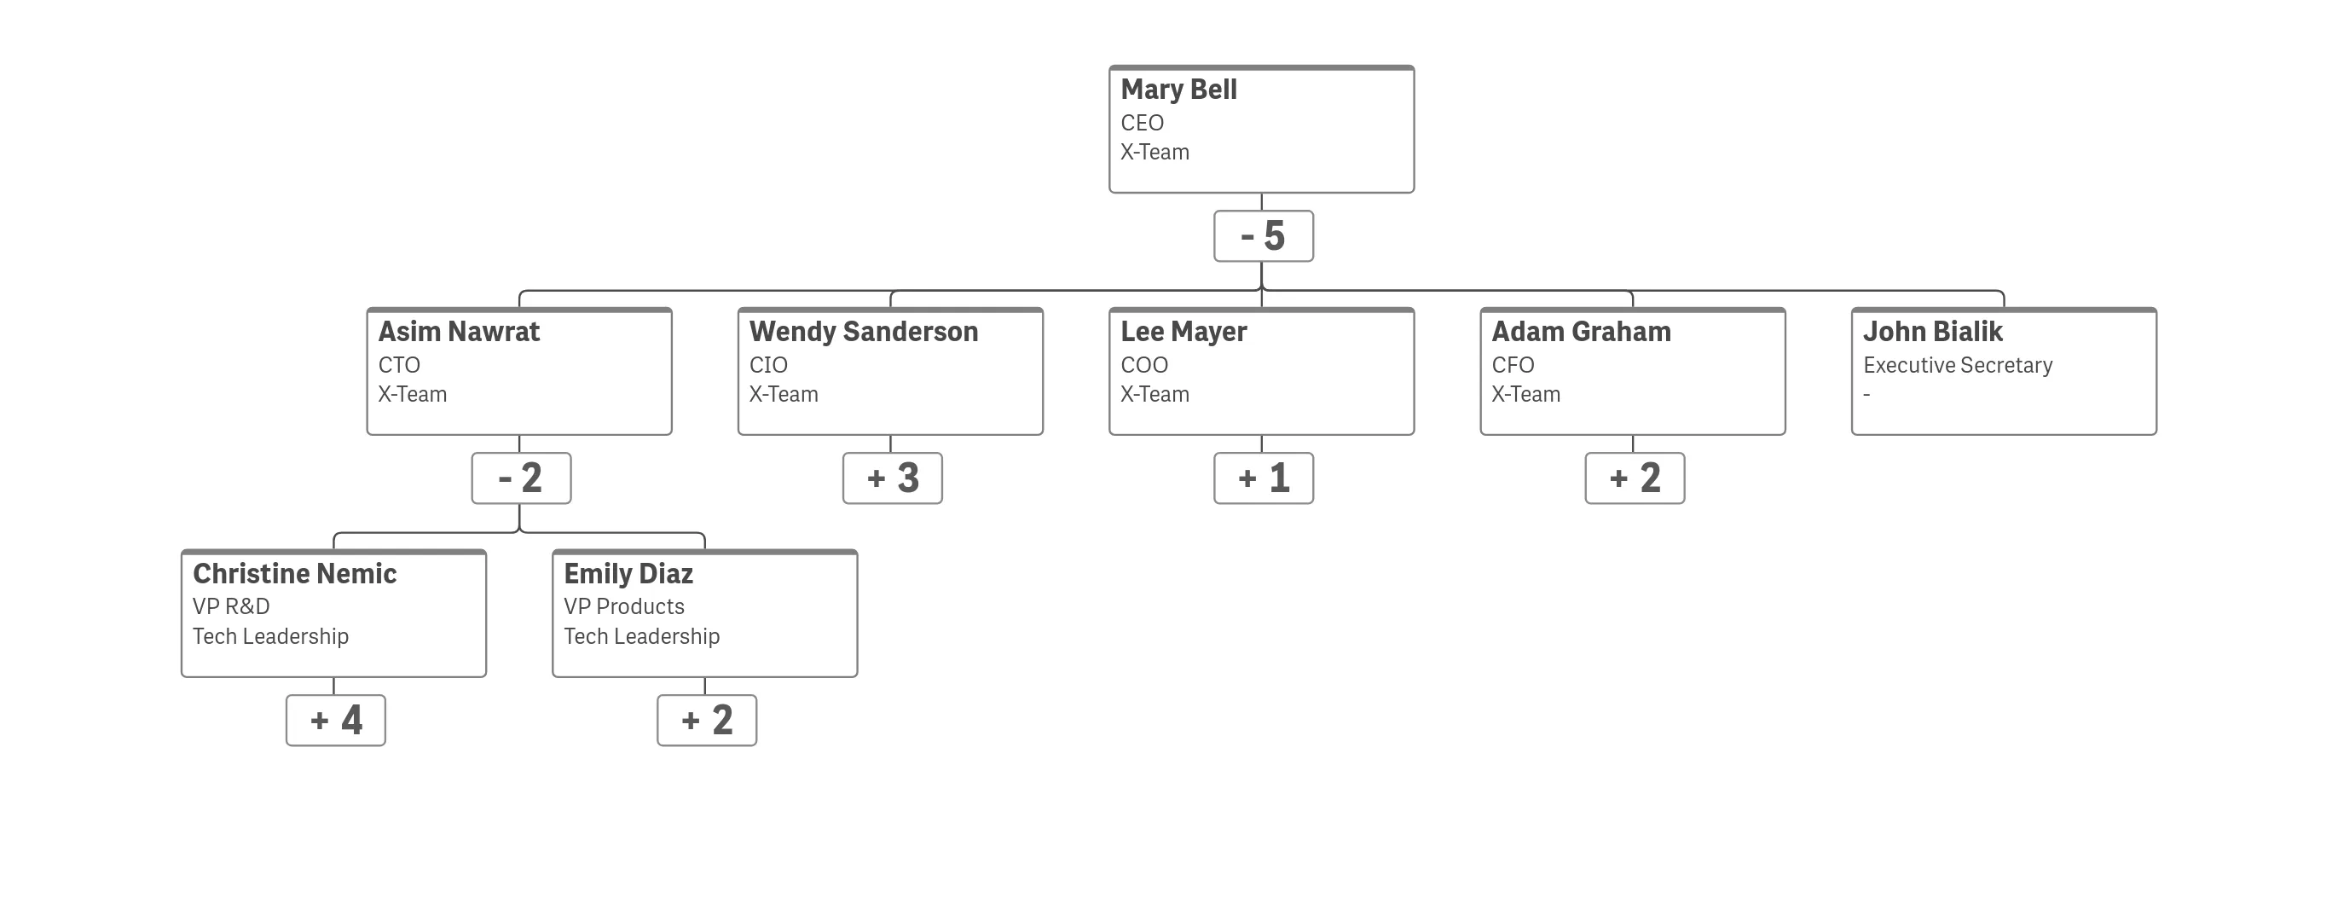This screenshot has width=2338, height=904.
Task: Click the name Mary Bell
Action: coord(1178,90)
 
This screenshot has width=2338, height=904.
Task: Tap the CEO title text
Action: coord(1142,123)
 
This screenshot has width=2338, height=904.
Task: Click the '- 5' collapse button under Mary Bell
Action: coord(1264,236)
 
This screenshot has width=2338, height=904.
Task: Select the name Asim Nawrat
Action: coord(459,333)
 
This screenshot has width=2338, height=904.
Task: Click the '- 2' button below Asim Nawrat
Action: coord(521,478)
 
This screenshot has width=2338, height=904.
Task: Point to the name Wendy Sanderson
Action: coord(863,333)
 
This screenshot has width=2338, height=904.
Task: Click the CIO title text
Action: coord(768,365)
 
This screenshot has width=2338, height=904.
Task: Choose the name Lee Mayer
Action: coord(1183,333)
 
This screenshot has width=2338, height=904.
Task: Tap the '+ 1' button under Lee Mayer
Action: coord(1264,478)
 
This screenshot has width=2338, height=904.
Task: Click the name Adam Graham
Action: coord(1581,333)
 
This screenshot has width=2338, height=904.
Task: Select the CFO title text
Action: coord(1513,365)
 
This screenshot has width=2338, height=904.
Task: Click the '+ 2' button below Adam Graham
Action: coord(1635,478)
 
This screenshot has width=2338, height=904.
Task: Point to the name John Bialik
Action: coord(1932,333)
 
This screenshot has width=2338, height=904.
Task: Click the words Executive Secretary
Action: coord(1958,365)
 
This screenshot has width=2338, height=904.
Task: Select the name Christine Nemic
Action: coord(294,575)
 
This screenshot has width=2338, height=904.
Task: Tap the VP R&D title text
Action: coord(230,606)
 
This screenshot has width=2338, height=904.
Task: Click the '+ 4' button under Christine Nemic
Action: coord(336,721)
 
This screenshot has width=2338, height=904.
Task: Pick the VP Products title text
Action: coord(623,606)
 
